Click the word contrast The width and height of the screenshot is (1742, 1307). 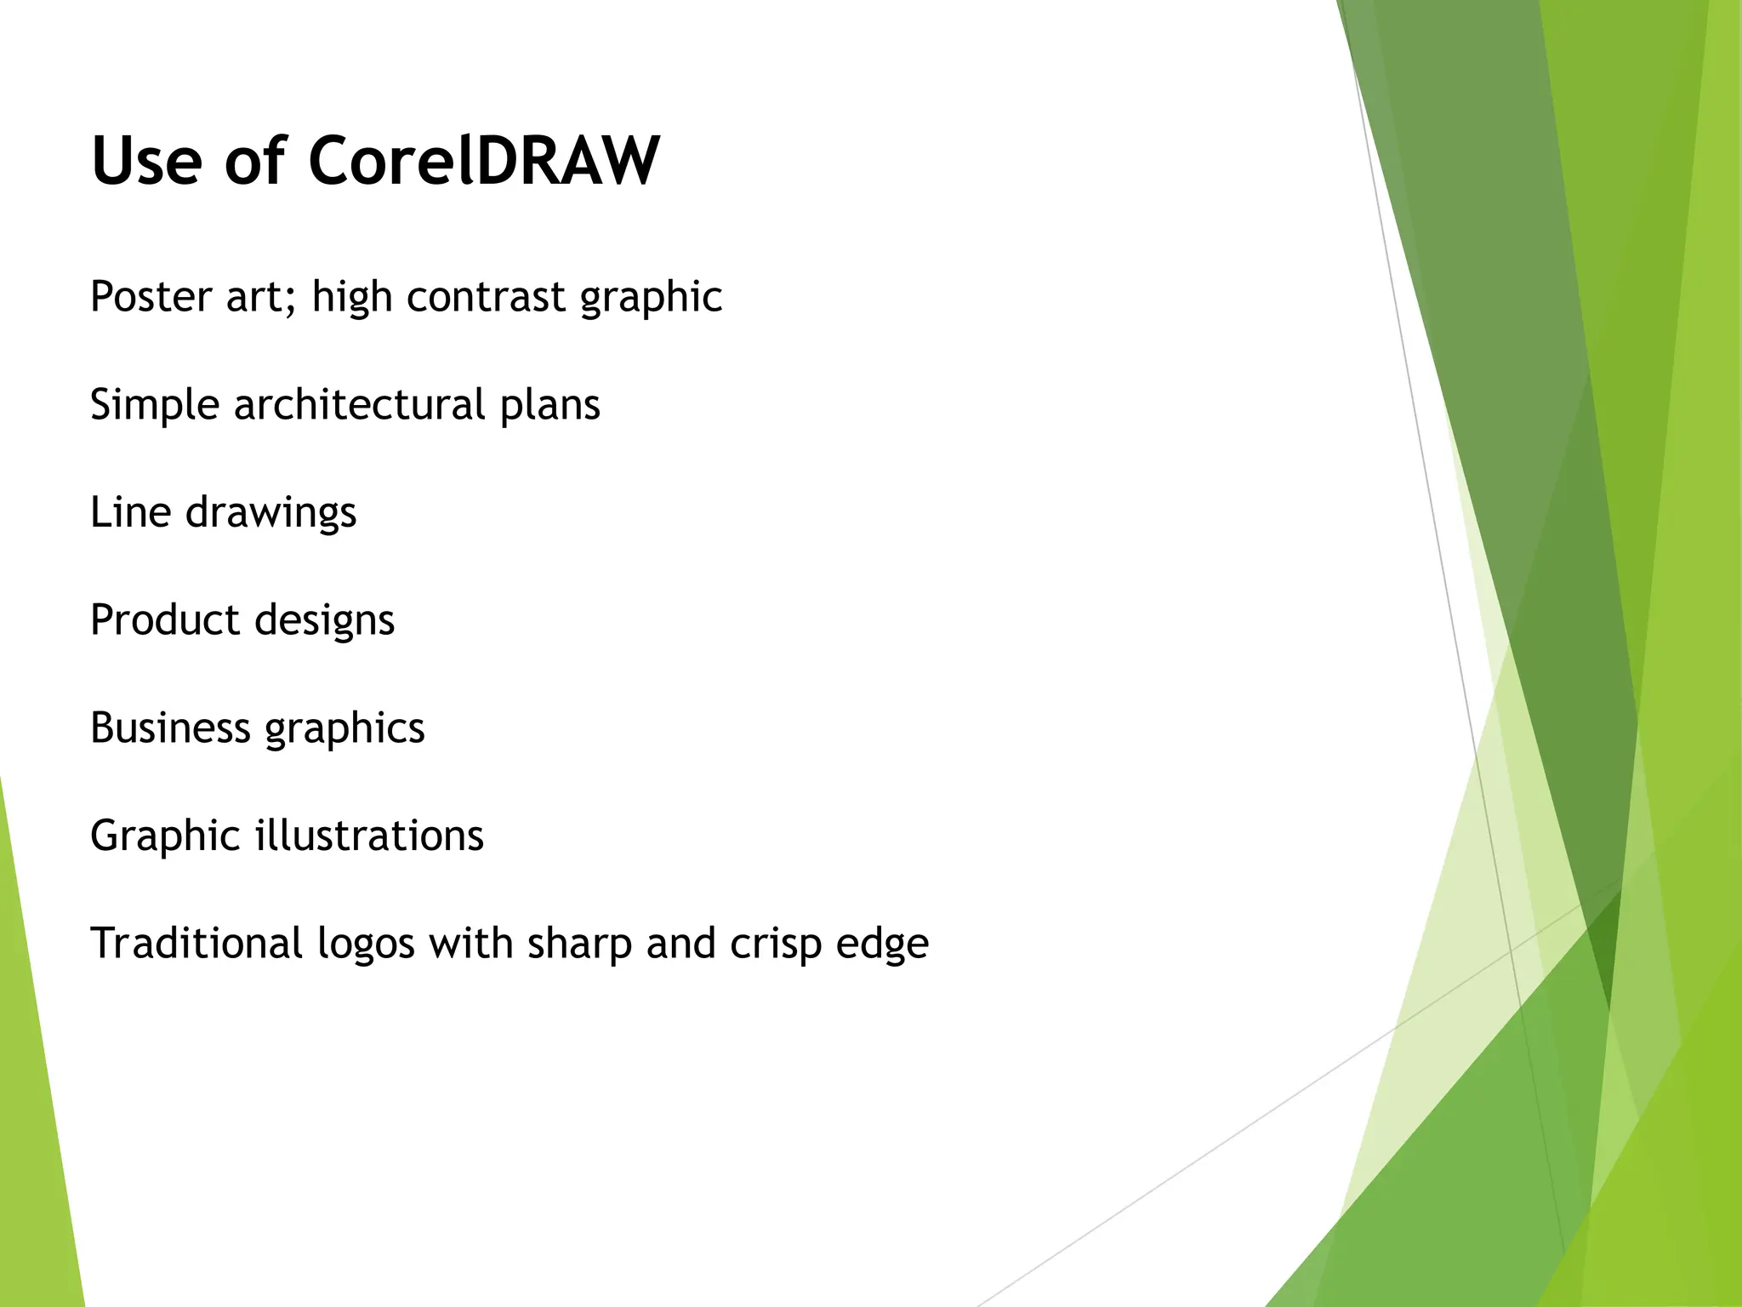click(486, 296)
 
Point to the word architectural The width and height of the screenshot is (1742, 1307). click(359, 404)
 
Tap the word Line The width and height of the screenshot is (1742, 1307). click(130, 511)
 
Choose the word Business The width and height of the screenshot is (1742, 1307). click(170, 728)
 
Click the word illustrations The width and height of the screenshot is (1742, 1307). click(369, 835)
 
